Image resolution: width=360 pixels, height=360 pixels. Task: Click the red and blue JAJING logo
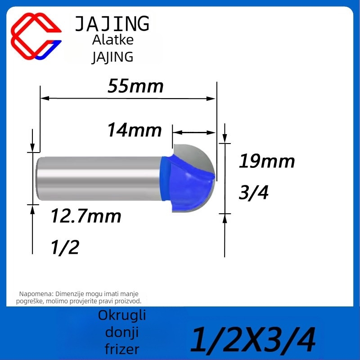click(x=36, y=36)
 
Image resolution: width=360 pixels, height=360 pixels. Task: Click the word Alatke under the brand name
click(x=113, y=40)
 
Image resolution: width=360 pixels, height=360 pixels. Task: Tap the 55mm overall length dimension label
click(x=135, y=86)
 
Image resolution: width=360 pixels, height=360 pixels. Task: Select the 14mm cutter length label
click(x=135, y=130)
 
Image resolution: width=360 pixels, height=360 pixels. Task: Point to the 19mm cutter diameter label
click(x=267, y=161)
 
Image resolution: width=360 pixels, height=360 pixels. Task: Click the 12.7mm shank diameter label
click(x=86, y=216)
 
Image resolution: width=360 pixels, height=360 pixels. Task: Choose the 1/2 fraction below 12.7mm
click(x=65, y=247)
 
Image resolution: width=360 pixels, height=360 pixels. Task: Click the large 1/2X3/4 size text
click(x=253, y=340)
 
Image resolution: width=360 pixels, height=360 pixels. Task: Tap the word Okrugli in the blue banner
click(x=122, y=315)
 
